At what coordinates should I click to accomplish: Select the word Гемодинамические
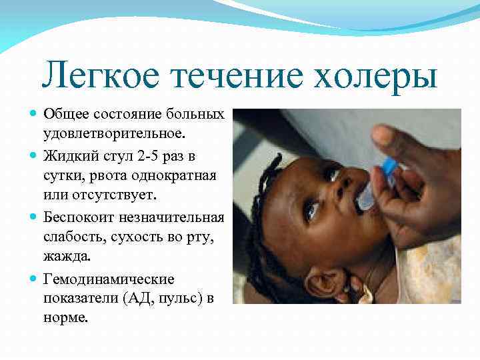109,279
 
